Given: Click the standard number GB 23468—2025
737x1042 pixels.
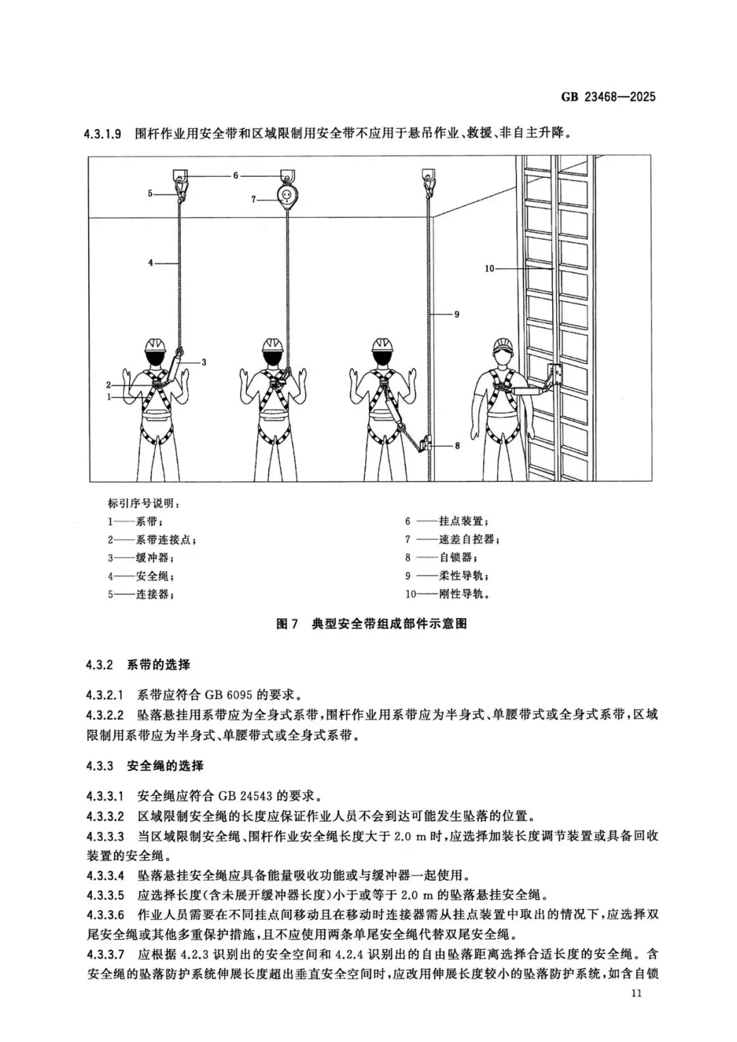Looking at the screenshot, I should [x=608, y=97].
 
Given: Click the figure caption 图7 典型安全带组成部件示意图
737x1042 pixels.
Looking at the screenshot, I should [x=371, y=624].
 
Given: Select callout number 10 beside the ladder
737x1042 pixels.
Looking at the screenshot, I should [x=489, y=269].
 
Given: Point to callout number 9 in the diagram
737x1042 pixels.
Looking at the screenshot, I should [x=457, y=314].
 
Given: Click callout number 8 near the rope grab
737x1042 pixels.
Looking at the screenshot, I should [x=457, y=446].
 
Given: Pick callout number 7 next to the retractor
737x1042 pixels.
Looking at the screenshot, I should [x=253, y=199].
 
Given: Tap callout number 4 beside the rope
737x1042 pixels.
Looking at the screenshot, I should [x=151, y=262].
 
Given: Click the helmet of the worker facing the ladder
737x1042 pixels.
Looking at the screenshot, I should [x=504, y=343].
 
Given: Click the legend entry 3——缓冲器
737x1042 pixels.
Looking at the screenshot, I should [x=136, y=558].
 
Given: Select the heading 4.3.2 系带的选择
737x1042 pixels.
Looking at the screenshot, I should [x=138, y=665].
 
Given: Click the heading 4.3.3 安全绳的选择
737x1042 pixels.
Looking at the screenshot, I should [x=145, y=766].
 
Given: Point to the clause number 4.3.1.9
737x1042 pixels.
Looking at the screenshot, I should [x=103, y=134].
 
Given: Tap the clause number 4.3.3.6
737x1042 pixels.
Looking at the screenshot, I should [x=105, y=914].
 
